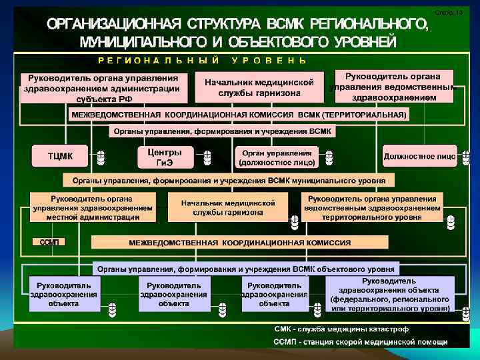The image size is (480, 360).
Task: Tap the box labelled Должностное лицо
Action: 419,157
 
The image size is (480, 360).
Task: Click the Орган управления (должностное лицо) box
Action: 277,157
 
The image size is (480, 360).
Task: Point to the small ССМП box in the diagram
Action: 49,241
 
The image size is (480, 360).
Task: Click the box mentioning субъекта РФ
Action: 102,87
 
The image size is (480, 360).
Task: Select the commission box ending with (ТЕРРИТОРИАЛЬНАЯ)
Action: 239,115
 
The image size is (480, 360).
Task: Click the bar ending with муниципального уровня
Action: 229,180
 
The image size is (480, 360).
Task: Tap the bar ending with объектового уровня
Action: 245,269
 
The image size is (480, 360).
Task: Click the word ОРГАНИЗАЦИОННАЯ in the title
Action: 111,25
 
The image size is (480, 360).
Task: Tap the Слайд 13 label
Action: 448,13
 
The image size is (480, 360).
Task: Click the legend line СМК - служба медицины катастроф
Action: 341,329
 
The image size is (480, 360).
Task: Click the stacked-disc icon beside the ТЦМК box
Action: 100,158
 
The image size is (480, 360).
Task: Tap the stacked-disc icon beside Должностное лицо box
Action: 463,158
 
